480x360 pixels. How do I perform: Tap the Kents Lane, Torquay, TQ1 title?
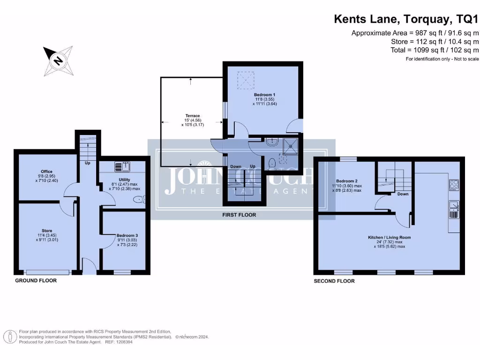pos(406,19)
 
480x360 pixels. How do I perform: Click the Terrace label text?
pos(192,115)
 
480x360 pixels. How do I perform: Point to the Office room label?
pos(46,172)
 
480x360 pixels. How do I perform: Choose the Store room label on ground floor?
pos(46,231)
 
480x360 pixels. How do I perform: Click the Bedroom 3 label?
pos(124,235)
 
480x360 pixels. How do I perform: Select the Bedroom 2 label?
pos(347,180)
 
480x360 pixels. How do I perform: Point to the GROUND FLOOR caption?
pos(36,280)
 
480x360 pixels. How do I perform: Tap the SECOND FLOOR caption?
pos(334,281)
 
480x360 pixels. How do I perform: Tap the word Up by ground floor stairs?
pos(88,164)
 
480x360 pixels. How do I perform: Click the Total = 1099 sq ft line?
pos(435,50)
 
